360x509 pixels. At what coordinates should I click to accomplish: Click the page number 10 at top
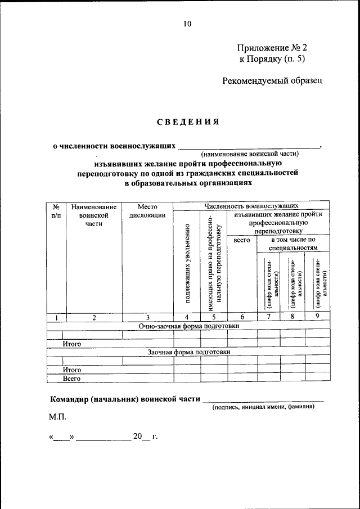coord(187,24)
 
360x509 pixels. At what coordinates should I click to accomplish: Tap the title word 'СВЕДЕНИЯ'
coord(187,121)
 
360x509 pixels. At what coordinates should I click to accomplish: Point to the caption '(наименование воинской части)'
coord(250,154)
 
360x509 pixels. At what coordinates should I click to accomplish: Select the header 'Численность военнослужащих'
coord(251,206)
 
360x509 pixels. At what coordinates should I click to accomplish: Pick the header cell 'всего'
coord(241,240)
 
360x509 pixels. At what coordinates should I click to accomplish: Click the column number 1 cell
coord(57,317)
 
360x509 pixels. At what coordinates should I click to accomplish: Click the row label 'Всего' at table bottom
coord(72,379)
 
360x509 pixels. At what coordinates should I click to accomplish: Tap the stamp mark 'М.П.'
coord(57,417)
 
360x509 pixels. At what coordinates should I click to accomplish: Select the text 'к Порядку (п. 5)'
coord(272,58)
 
